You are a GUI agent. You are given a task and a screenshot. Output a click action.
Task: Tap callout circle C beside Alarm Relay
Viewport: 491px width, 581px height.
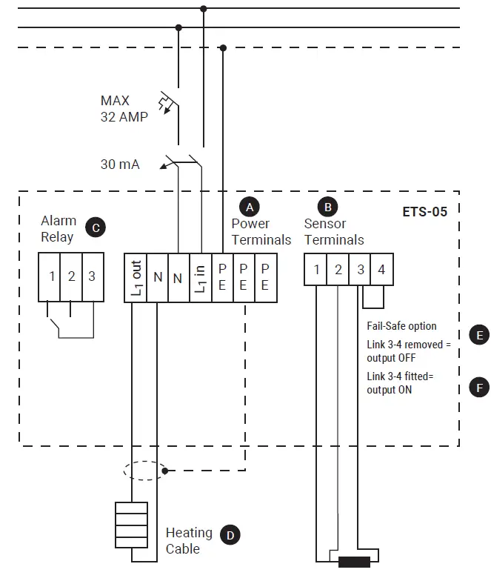(94, 228)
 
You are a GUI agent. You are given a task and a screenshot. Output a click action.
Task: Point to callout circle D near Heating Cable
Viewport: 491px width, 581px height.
(231, 534)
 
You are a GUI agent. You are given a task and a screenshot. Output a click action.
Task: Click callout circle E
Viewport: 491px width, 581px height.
(480, 335)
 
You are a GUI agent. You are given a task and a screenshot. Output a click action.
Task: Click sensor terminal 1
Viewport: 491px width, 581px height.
(316, 270)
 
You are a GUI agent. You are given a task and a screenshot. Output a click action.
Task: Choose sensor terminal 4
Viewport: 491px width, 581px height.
(381, 270)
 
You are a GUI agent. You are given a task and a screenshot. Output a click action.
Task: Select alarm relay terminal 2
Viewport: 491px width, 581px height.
(72, 276)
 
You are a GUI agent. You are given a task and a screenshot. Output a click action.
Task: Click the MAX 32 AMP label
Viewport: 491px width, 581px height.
(124, 108)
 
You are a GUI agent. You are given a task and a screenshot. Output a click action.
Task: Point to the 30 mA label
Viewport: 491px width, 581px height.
(120, 165)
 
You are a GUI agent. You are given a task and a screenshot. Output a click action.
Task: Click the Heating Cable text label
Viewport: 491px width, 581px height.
(188, 540)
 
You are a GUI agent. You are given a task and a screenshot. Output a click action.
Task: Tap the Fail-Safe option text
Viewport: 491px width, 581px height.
(401, 326)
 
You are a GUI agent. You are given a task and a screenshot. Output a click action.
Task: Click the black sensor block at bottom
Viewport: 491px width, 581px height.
(354, 561)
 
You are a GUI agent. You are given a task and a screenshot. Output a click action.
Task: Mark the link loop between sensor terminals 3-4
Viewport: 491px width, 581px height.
(373, 297)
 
